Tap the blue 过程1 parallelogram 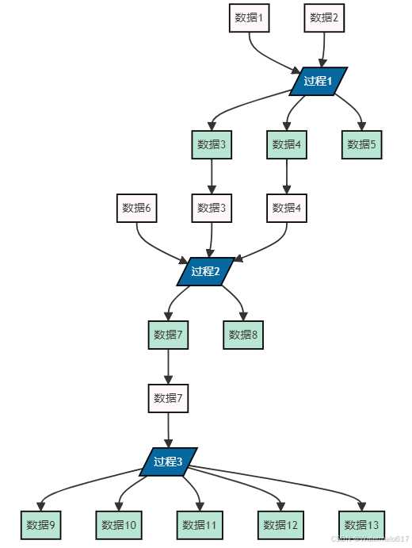[x=319, y=81]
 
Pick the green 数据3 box [x=212, y=144]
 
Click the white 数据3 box [x=212, y=209]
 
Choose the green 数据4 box [x=286, y=144]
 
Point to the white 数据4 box [x=286, y=209]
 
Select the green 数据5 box [x=362, y=144]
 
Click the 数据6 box [x=136, y=209]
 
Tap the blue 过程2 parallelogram [x=205, y=272]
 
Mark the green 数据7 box [x=168, y=335]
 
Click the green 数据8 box [x=243, y=335]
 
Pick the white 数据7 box [x=168, y=398]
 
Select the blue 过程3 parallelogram [x=168, y=462]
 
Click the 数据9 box [x=41, y=524]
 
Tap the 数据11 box [x=199, y=524]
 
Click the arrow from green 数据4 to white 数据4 [x=286, y=176]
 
